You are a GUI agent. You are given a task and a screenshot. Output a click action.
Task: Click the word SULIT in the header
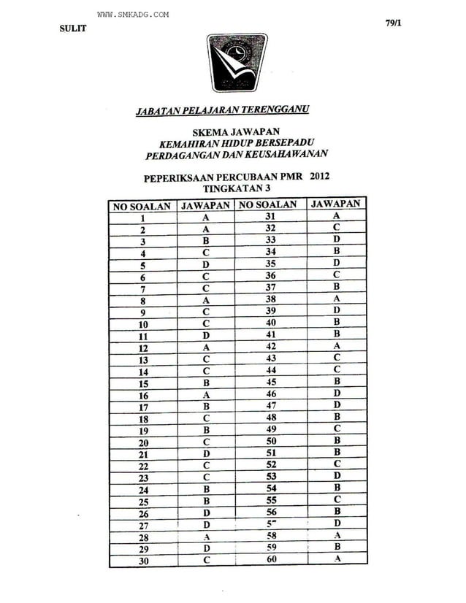click(x=72, y=28)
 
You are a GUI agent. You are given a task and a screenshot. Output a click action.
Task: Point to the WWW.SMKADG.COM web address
click(x=133, y=15)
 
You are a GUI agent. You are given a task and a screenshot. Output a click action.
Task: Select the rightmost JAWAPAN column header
click(x=335, y=204)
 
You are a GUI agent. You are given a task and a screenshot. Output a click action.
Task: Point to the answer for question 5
click(x=206, y=264)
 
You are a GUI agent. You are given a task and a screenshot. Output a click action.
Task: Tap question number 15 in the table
click(x=143, y=382)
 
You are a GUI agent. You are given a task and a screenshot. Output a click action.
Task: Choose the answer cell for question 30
click(x=206, y=560)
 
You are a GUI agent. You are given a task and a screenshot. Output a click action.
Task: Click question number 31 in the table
click(x=270, y=217)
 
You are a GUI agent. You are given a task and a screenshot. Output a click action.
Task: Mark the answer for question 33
click(x=335, y=239)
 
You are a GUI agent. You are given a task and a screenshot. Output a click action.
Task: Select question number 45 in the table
click(x=270, y=380)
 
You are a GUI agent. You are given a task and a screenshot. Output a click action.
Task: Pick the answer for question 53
click(x=335, y=476)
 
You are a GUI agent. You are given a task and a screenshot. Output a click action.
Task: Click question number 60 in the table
click(x=270, y=559)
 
